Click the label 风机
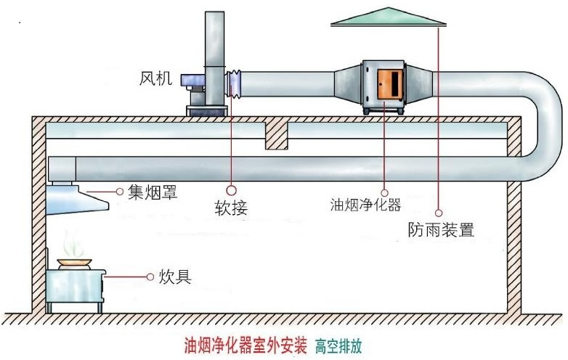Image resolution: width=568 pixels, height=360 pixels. coord(155,78)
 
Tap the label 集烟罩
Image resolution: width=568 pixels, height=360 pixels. coord(153,192)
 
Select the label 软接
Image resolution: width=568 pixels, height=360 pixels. coord(231,208)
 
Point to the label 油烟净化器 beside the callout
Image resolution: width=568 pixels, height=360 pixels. coord(365,205)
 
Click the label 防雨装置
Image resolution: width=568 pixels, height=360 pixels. coord(441,229)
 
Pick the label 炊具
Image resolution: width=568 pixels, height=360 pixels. coord(175,277)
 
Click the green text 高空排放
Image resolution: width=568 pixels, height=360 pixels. coord(338,346)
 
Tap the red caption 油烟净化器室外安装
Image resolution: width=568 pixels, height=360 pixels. coord(246,345)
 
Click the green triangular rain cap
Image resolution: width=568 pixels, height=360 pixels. coord(389,17)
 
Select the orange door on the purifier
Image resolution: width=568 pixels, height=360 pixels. coord(391,84)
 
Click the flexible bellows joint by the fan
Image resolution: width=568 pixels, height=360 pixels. coord(234,83)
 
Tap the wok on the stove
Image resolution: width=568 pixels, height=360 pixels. coord(74,262)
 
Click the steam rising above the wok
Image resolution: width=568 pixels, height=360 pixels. coord(73,243)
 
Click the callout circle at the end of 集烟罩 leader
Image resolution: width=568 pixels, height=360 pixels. coord(120,192)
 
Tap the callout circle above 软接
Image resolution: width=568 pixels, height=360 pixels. coord(231,190)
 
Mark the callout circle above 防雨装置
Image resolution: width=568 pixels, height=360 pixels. coord(439,213)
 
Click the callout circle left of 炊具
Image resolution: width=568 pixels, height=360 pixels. coord(150,277)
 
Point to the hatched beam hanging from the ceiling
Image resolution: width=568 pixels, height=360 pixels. coord(277,135)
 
